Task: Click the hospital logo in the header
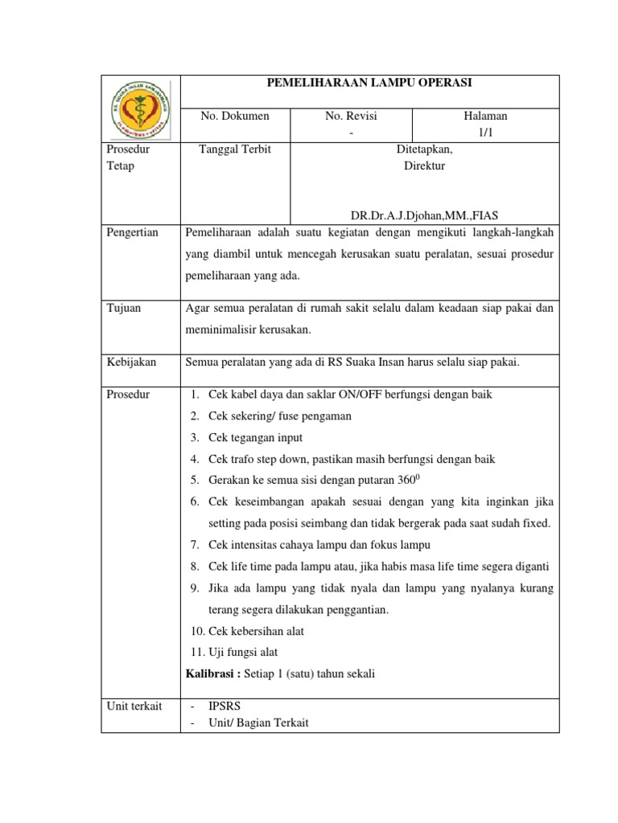tap(140, 108)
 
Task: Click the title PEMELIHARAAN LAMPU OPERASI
tap(369, 83)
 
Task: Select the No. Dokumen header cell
tap(235, 117)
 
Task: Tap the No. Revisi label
tap(351, 117)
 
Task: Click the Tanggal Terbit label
tap(235, 149)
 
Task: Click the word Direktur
tap(424, 166)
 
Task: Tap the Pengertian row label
tap(133, 233)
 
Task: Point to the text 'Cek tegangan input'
tap(255, 438)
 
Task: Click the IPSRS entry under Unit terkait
tap(225, 706)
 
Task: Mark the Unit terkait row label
tap(134, 706)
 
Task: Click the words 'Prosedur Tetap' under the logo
tap(129, 158)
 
